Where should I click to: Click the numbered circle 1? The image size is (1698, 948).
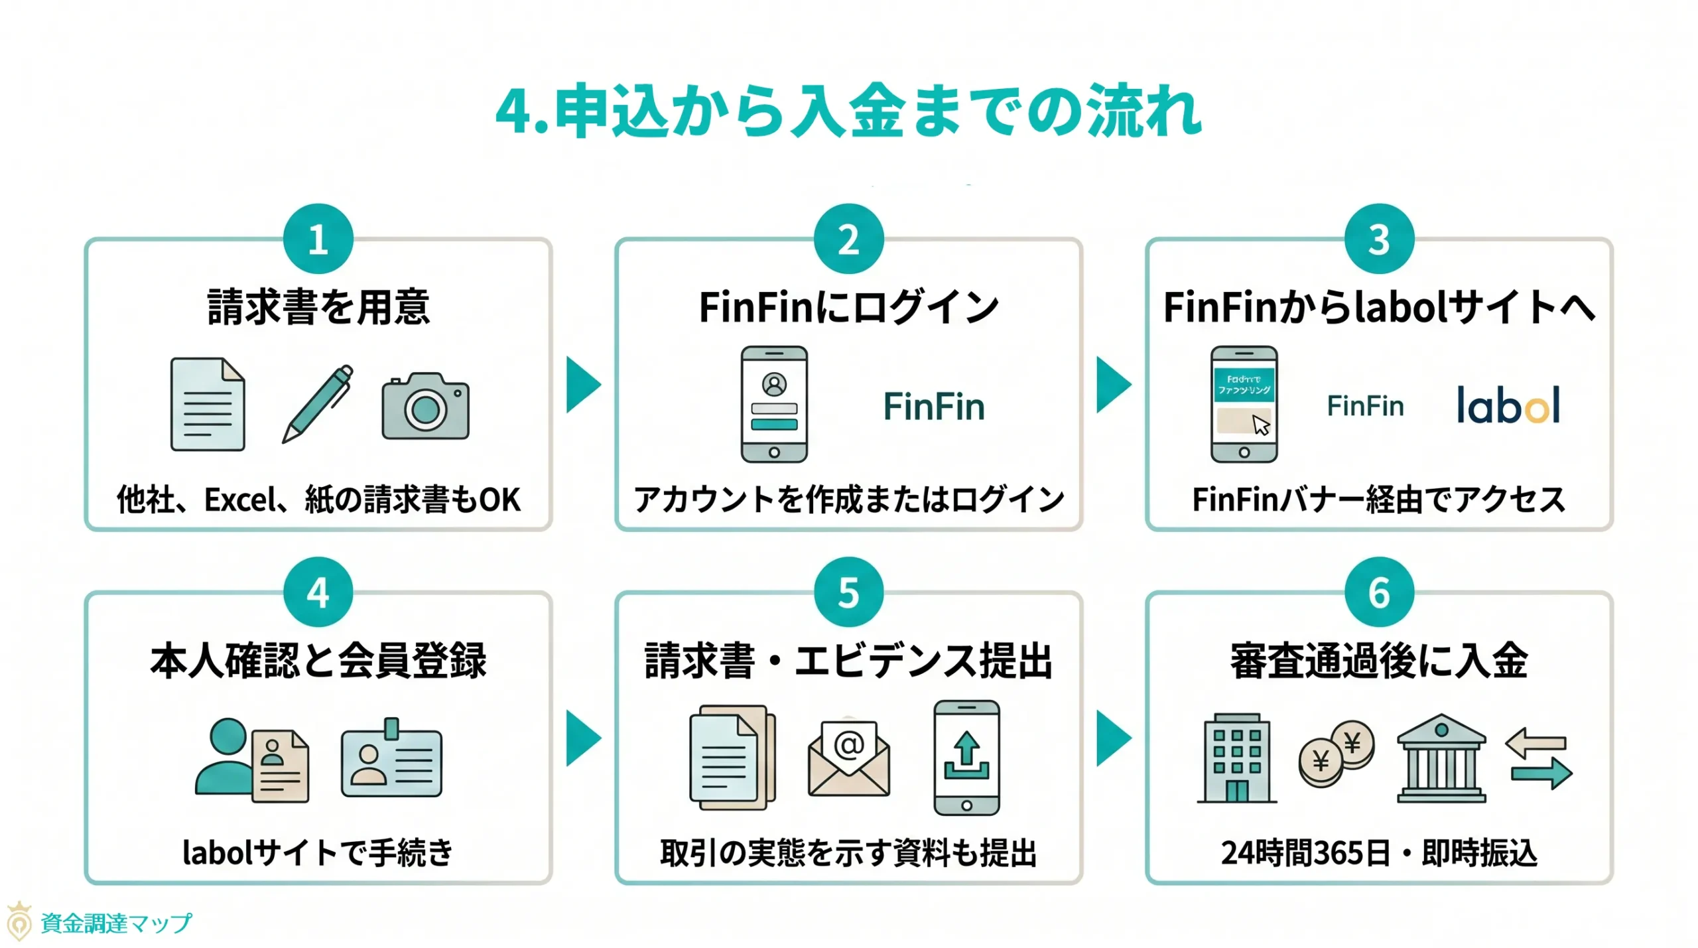[x=318, y=239]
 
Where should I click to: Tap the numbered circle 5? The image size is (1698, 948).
[x=848, y=592]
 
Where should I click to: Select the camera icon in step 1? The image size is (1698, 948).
[x=425, y=406]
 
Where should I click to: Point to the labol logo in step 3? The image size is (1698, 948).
[x=1508, y=405]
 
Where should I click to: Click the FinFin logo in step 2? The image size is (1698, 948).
[x=933, y=407]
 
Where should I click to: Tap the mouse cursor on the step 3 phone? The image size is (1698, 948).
[x=1260, y=425]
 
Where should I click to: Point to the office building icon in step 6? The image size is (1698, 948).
[x=1236, y=758]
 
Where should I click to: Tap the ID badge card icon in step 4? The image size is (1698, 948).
[x=391, y=760]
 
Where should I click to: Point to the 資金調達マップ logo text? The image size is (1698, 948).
[x=116, y=923]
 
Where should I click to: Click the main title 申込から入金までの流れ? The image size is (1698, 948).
[x=848, y=110]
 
